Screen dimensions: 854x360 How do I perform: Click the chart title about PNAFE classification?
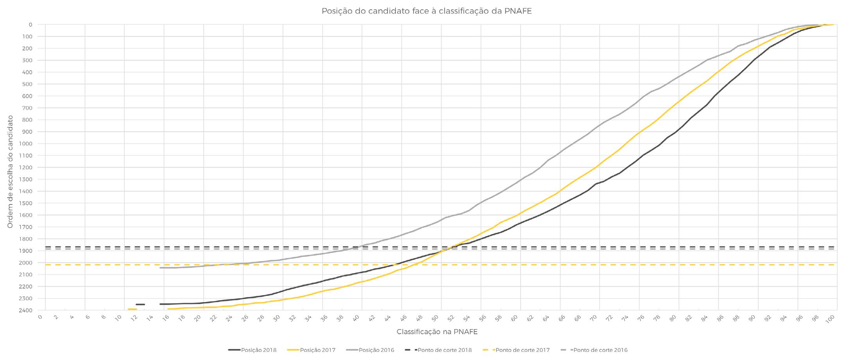[x=426, y=11]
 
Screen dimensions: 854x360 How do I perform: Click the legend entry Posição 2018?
[x=252, y=350]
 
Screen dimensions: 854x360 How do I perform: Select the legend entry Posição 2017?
[x=311, y=350]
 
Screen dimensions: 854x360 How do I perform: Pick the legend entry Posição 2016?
[x=370, y=350]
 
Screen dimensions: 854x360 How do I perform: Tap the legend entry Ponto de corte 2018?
[x=438, y=350]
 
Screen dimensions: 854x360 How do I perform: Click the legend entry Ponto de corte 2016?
[x=594, y=350]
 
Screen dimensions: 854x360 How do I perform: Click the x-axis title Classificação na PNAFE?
[x=437, y=332]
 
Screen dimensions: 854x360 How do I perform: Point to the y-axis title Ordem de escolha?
[x=10, y=172]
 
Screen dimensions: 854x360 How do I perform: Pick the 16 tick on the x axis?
[x=166, y=318]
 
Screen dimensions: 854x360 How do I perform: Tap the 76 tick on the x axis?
[x=641, y=318]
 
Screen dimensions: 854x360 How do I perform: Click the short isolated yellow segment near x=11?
[x=132, y=310]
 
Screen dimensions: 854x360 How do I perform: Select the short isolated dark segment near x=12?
[x=140, y=304]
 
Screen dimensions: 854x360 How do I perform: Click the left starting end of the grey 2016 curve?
[x=160, y=268]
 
